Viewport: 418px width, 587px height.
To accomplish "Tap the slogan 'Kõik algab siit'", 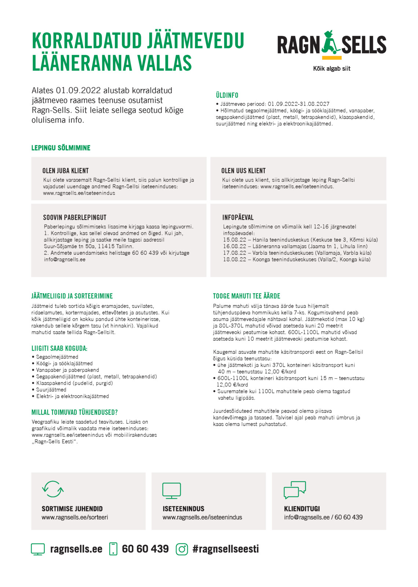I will click(x=331, y=69).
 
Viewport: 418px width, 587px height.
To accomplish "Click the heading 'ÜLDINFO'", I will click(x=227, y=95).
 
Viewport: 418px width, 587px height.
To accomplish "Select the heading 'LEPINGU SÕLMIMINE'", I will click(x=61, y=148).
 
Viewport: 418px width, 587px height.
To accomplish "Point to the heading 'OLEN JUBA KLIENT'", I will click(x=65, y=171).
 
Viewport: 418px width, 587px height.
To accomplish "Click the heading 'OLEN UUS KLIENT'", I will click(x=243, y=171).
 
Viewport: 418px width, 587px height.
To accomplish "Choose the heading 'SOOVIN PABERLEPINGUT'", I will click(x=75, y=217).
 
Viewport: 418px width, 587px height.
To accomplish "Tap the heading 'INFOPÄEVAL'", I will click(x=238, y=217).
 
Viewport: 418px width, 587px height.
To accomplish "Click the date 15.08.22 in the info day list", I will click(x=235, y=240).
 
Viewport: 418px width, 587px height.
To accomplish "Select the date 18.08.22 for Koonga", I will click(x=235, y=260).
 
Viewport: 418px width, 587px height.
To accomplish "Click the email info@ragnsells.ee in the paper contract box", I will click(x=65, y=260).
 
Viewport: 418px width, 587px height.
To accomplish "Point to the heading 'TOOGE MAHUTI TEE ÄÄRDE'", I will click(x=246, y=296).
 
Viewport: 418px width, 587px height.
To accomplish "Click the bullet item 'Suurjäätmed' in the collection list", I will click(x=51, y=390).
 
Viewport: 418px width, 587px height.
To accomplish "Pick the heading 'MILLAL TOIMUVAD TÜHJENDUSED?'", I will click(x=74, y=412).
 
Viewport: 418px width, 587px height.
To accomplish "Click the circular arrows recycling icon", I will click(x=53, y=489).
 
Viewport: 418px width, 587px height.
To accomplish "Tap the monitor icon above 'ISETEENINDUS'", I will click(x=172, y=491).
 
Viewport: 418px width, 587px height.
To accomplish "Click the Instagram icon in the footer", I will click(x=182, y=549).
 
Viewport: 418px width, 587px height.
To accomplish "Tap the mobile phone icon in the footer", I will click(x=113, y=549).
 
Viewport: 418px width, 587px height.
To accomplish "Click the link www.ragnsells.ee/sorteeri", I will click(x=75, y=517).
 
